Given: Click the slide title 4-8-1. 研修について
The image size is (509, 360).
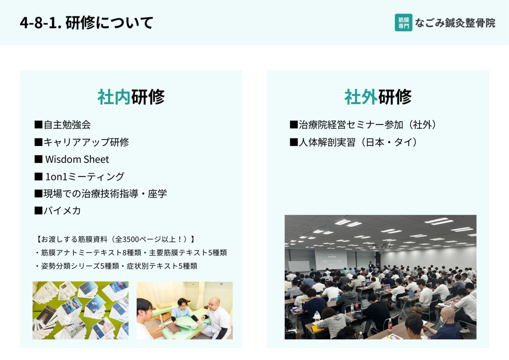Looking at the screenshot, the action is click(86, 23).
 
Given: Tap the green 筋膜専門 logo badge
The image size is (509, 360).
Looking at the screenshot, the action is click(404, 23).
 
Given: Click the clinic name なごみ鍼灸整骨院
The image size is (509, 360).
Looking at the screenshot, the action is click(455, 23).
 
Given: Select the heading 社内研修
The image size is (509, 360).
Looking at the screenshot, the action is click(131, 97).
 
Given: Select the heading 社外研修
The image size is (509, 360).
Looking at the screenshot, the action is click(378, 97).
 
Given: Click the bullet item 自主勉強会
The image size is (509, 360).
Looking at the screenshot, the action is click(67, 125).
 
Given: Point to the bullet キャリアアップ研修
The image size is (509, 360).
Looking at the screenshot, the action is click(86, 142).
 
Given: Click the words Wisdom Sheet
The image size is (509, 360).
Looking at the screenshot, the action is click(77, 159).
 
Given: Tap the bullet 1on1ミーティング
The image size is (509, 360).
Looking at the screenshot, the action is click(85, 177).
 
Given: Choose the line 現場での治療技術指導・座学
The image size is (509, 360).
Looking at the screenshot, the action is click(105, 194).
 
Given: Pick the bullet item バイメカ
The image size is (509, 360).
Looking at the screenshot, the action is click(62, 211).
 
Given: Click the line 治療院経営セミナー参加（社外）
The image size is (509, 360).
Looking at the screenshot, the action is click(368, 125).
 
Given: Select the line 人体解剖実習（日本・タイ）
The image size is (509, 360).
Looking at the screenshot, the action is click(358, 142).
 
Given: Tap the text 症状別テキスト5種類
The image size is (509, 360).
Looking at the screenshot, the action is click(162, 266).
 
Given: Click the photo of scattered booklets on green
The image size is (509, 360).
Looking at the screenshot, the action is click(81, 310).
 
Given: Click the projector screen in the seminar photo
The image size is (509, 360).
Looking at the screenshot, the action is click(331, 259).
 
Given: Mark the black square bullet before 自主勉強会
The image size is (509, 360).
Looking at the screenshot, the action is click(38, 125).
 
